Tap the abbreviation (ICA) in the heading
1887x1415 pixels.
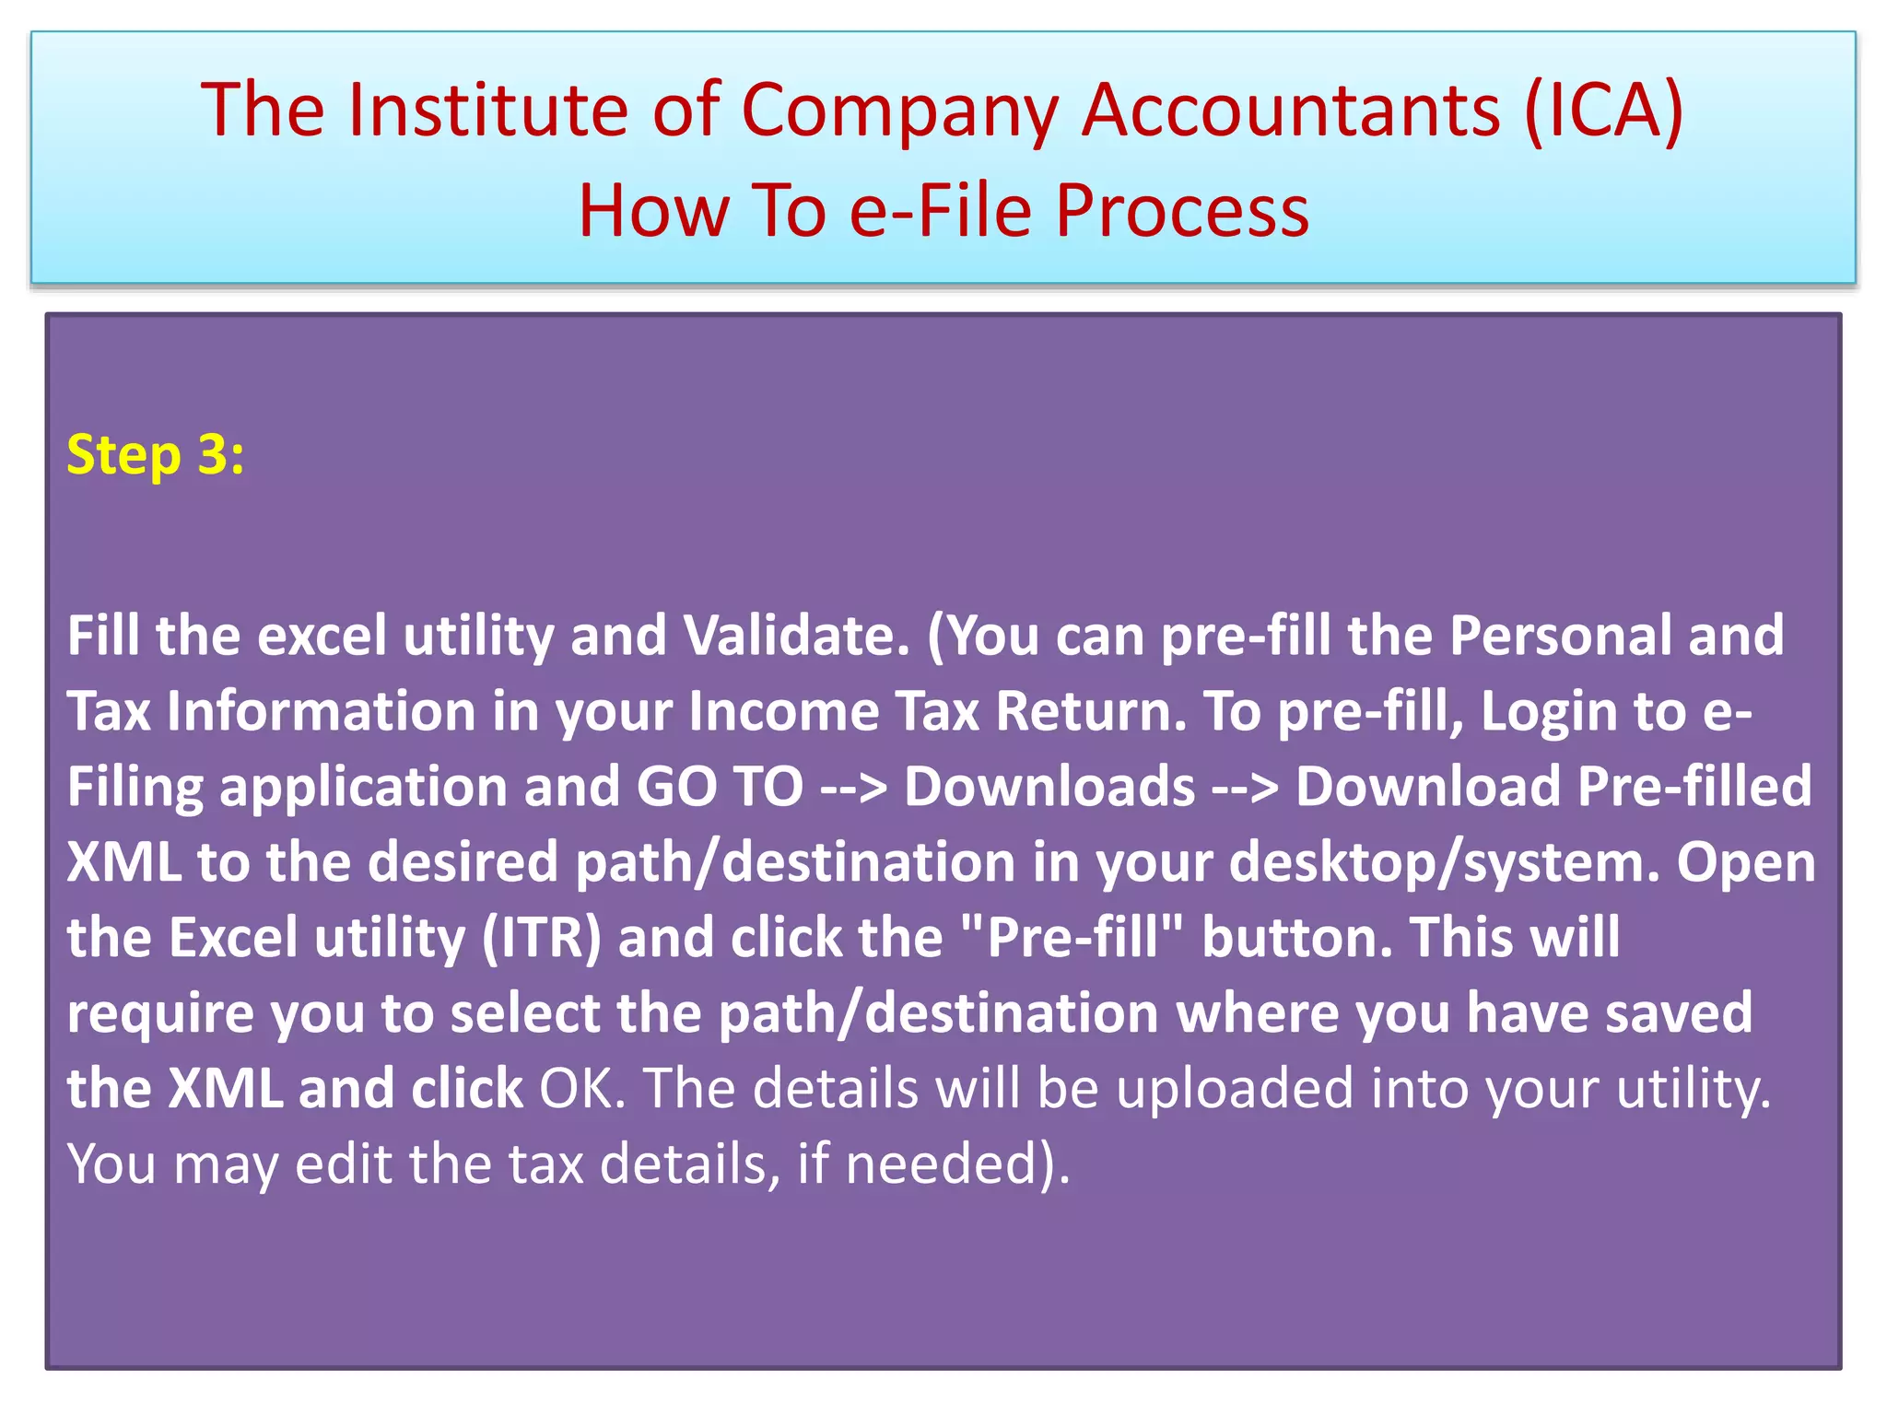tap(1603, 111)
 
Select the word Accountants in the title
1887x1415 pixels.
tap(1291, 111)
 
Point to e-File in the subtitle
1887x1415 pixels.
tap(940, 211)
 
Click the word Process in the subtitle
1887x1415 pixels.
tap(1182, 211)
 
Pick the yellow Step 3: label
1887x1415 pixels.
tap(156, 455)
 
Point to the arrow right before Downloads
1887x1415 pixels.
tap(853, 787)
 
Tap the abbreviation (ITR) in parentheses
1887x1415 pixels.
tap(542, 938)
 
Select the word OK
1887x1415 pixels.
tap(581, 1089)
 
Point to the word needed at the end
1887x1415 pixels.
tap(949, 1164)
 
